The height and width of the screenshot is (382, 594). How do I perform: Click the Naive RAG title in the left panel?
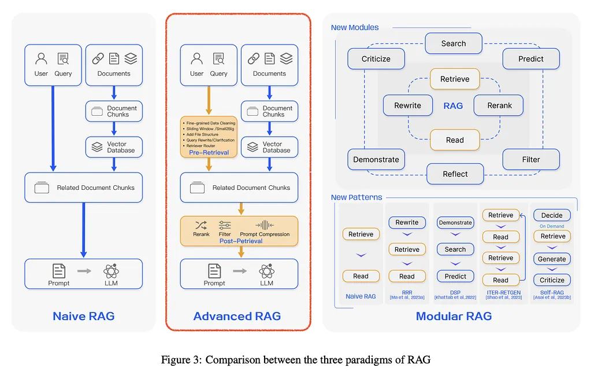83,316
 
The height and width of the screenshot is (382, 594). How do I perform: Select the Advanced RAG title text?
237,316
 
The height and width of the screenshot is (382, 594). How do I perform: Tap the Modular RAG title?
454,316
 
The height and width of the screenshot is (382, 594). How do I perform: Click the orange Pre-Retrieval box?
209,137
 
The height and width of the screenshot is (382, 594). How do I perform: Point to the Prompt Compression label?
265,234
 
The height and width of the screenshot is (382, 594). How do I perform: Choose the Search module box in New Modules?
454,43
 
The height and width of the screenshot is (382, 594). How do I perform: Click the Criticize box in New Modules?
376,58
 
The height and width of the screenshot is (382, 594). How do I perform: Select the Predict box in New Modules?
530,58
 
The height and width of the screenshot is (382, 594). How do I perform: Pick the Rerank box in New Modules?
499,105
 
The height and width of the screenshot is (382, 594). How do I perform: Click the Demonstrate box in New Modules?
376,159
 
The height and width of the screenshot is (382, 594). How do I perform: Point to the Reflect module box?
455,174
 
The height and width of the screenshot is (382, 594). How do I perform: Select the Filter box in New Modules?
530,159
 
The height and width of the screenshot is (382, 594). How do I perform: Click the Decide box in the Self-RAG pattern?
552,215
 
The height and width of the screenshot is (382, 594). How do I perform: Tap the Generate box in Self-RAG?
552,259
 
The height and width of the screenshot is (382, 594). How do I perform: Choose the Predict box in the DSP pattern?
455,276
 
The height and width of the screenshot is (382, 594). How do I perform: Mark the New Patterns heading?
356,197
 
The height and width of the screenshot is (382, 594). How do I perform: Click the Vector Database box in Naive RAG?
114,147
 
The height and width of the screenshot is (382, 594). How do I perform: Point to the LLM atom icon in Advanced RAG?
266,270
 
